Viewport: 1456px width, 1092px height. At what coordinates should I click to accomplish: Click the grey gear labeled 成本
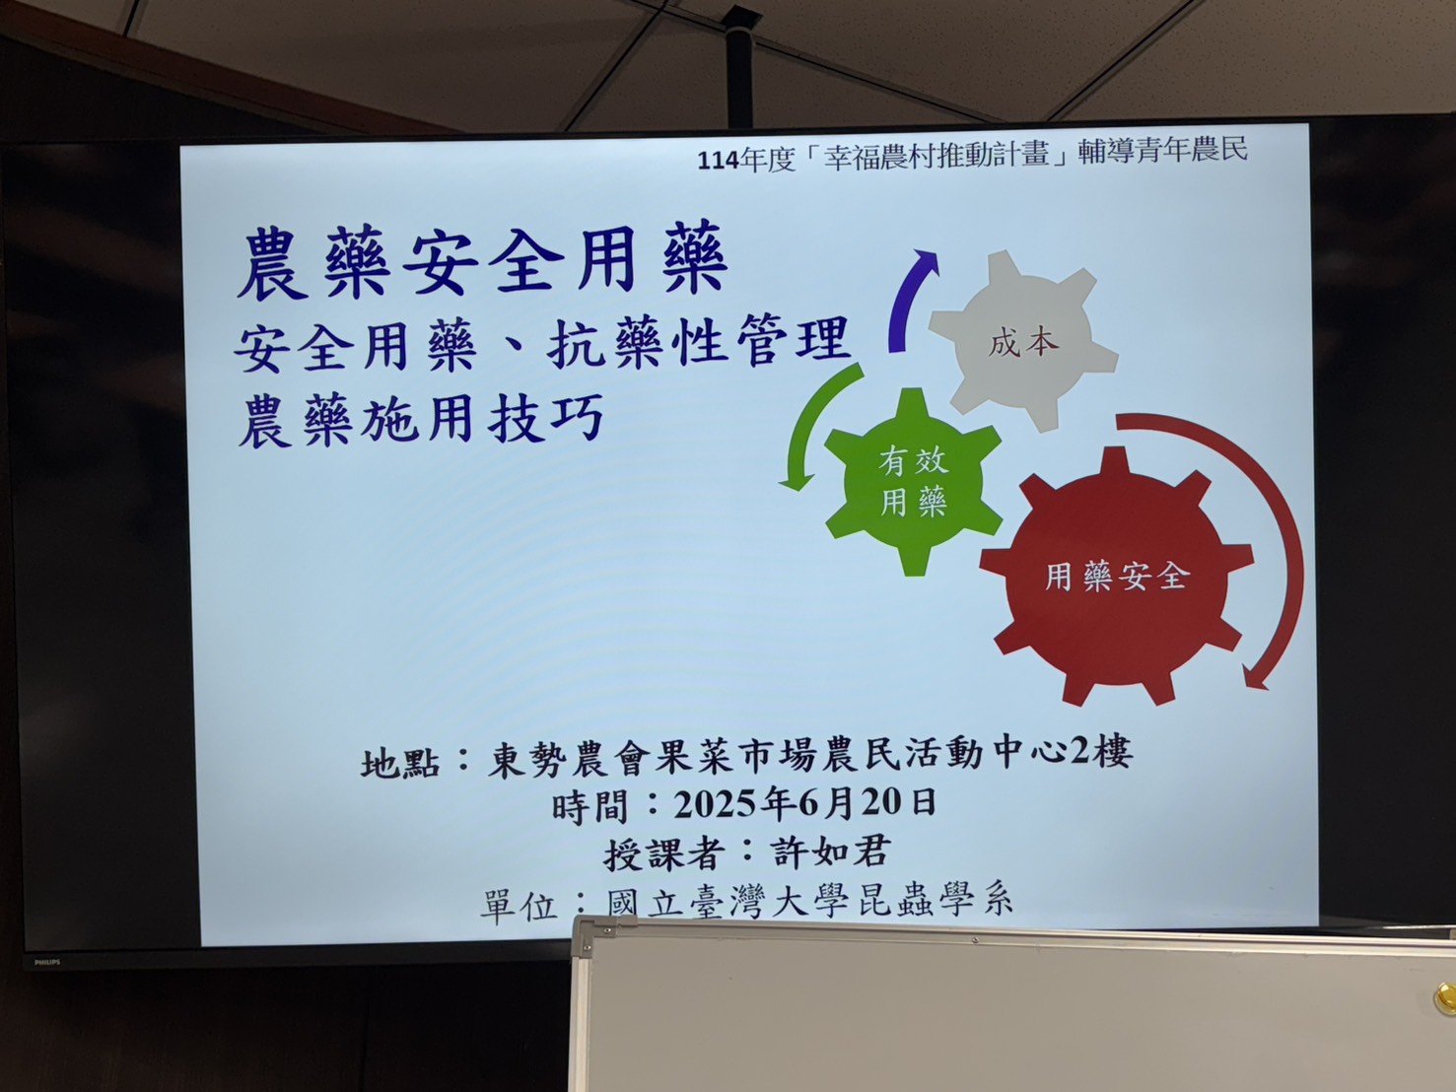[x=1022, y=342]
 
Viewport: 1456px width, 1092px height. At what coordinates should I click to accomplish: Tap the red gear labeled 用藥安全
[x=1116, y=577]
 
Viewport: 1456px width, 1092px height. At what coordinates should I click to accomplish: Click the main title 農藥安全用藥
[x=482, y=262]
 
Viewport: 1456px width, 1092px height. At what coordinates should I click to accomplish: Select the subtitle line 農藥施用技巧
[x=421, y=419]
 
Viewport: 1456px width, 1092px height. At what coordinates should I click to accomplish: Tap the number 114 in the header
[x=718, y=162]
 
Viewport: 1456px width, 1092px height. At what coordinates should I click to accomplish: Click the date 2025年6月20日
[x=804, y=803]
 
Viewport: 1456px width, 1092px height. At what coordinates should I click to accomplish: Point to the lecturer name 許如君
[x=830, y=852]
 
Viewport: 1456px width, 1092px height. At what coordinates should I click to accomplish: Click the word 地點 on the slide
[x=400, y=763]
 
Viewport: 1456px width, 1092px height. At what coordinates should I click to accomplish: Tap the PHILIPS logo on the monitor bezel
[x=47, y=962]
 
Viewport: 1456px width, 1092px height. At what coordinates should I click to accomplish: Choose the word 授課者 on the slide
[x=662, y=853]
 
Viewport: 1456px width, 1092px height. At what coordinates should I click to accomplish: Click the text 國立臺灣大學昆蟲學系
[x=810, y=903]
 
